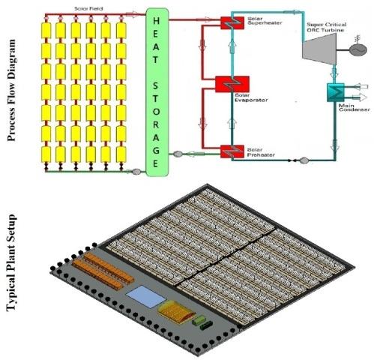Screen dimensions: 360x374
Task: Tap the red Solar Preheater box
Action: (228, 152)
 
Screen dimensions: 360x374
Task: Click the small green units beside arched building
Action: (201, 323)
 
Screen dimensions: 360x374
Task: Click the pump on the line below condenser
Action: (304, 159)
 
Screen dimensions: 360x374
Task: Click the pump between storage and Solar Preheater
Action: (178, 154)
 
